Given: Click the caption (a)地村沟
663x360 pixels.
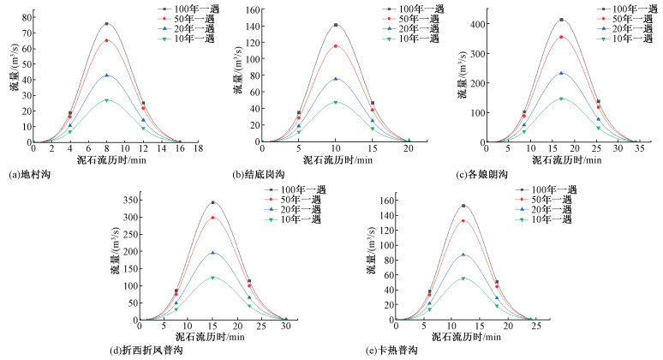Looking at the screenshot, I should point(30,174).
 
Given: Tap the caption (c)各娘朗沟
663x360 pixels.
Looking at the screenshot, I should point(481,174).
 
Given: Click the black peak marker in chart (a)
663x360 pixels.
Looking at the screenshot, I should point(107,24).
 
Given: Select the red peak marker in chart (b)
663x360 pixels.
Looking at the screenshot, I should point(336,45).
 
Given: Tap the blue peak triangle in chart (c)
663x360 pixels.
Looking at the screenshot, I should point(561,73).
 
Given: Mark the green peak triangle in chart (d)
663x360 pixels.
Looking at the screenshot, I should point(212,277).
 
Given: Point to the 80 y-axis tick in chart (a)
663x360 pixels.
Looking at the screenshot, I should point(27,17).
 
